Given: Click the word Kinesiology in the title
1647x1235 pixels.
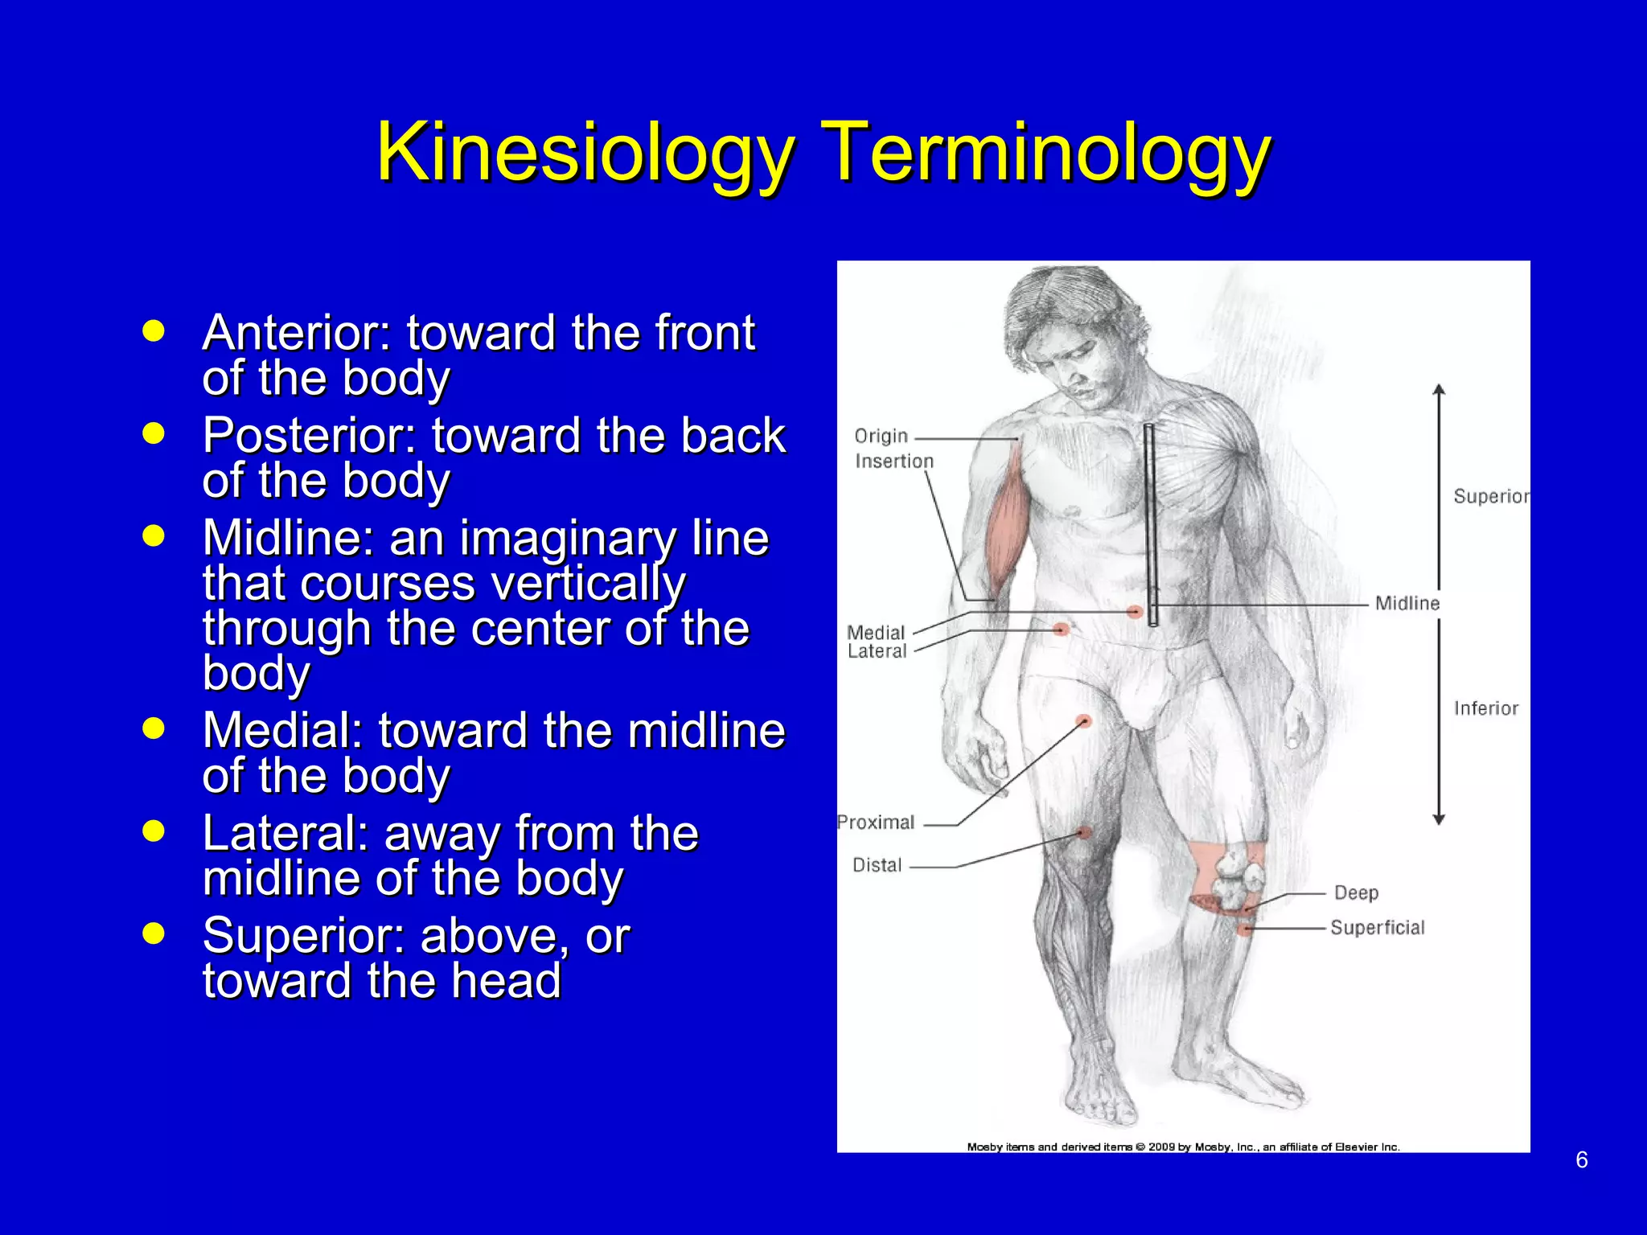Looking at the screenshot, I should pos(585,153).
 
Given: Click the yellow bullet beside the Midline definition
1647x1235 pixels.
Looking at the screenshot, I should pos(153,535).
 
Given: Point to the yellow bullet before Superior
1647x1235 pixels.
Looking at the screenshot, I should pos(153,933).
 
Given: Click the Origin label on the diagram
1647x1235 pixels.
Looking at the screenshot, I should pos(881,436).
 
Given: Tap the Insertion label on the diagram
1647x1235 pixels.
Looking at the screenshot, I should pos(894,462).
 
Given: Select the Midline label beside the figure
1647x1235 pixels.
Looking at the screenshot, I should pos(1407,603).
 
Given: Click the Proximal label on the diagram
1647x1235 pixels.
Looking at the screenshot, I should pos(876,823).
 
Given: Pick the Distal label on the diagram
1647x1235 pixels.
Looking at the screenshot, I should pos(877,865).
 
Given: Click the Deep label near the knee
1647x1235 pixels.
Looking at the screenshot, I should pos(1356,892).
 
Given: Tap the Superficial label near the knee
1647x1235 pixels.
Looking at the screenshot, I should pos(1377,928).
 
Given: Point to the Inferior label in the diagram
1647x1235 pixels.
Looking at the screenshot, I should pos(1485,708).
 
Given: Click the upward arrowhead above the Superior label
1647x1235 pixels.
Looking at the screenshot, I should pos(1439,391).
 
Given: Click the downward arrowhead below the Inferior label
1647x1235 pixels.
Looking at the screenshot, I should pos(1439,819).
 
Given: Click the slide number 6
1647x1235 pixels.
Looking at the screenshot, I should pos(1581,1159).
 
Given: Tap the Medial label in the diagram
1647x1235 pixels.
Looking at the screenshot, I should pos(876,633).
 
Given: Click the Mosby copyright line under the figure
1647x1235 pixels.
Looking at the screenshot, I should pos(1183,1147).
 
